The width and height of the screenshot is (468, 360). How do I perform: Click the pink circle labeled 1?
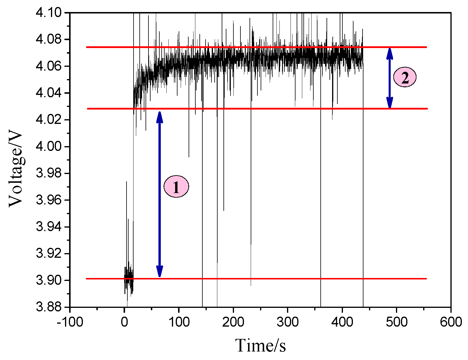pyautogui.click(x=176, y=187)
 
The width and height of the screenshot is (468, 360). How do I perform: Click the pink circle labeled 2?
pyautogui.click(x=405, y=77)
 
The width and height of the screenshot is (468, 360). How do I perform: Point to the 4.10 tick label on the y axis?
pyautogui.click(x=48, y=13)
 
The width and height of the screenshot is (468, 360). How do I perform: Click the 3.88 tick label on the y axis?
pyautogui.click(x=48, y=307)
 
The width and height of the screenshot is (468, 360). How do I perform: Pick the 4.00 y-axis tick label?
pyautogui.click(x=48, y=147)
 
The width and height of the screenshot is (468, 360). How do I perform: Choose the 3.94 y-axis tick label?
pyautogui.click(x=48, y=227)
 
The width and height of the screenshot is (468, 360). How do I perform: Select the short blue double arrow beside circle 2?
pyautogui.click(x=390, y=78)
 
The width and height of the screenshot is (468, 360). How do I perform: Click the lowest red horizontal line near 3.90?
pyautogui.click(x=264, y=279)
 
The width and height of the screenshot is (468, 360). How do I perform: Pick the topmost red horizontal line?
pyautogui.click(x=264, y=47)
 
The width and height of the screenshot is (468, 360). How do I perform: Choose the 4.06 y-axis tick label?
pyautogui.click(x=48, y=66)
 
